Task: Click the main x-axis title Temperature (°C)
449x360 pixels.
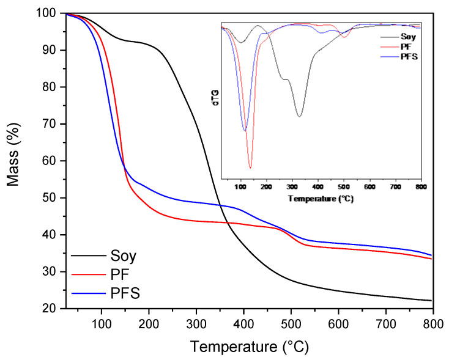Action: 250,347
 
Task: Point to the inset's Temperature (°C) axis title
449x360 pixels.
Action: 321,199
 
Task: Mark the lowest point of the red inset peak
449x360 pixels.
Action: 250,167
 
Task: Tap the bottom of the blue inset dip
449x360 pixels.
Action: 245,130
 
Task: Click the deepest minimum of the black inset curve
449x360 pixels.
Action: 300,116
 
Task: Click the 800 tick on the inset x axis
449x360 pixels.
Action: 421,186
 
